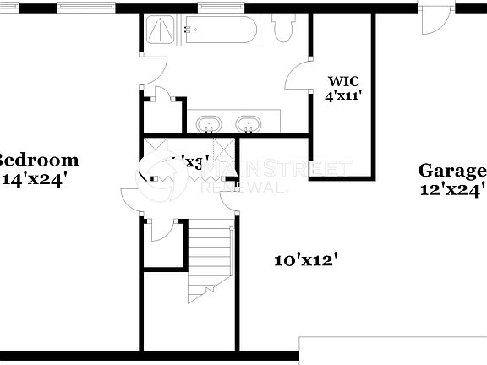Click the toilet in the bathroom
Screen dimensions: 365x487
[283, 30]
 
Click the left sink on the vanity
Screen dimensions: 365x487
[208, 124]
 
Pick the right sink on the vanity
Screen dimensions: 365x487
[248, 124]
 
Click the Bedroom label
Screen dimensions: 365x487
[38, 160]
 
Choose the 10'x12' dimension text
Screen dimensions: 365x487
[305, 260]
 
